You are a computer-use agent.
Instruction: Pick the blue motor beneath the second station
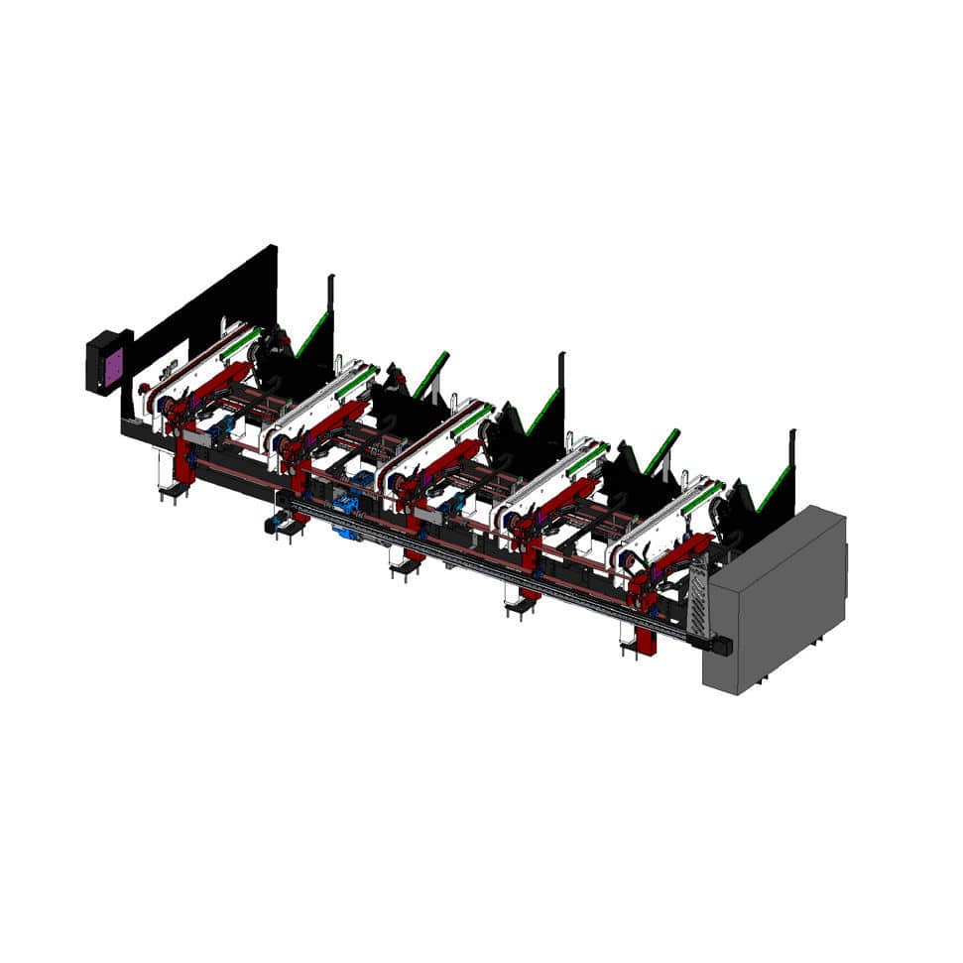347,505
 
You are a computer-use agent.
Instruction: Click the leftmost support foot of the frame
173,488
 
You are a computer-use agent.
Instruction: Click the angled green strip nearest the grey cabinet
775,489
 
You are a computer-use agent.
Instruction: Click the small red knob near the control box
143,388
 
